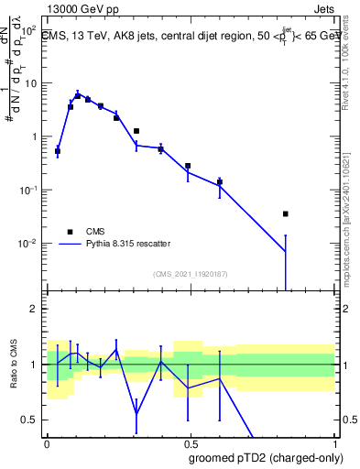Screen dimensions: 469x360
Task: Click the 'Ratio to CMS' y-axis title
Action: tap(12, 365)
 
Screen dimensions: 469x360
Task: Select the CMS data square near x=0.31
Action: tap(136, 131)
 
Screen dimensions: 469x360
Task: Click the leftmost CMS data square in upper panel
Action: tap(58, 151)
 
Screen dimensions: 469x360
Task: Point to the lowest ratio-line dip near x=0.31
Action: tap(136, 414)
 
